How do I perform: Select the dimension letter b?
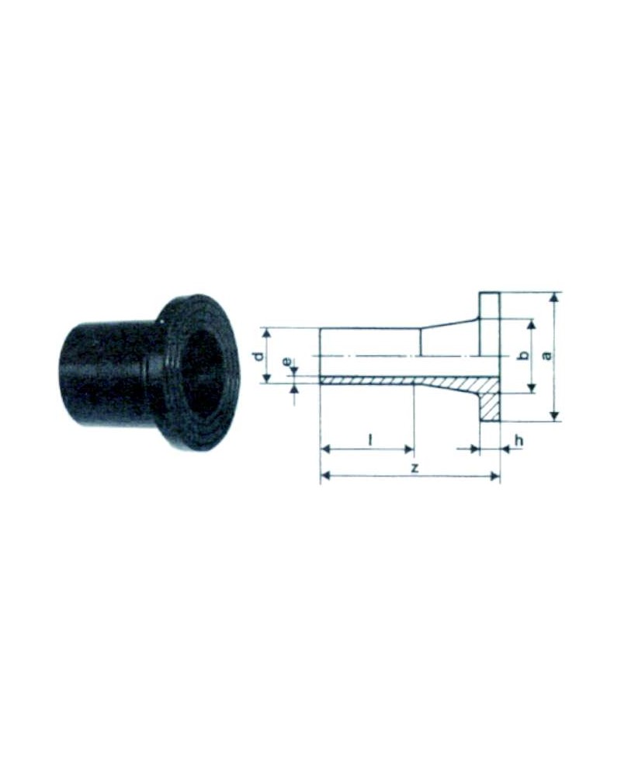525,355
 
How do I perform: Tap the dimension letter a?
547,355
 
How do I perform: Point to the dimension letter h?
518,439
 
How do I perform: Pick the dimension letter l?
370,439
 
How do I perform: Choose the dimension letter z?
415,467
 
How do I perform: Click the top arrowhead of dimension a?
555,297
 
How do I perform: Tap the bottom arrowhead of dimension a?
555,416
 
